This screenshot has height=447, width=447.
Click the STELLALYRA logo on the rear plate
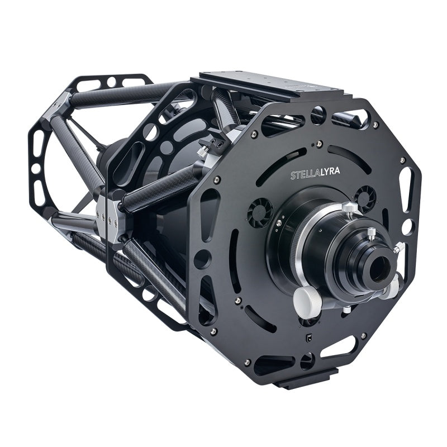pos(315,173)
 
